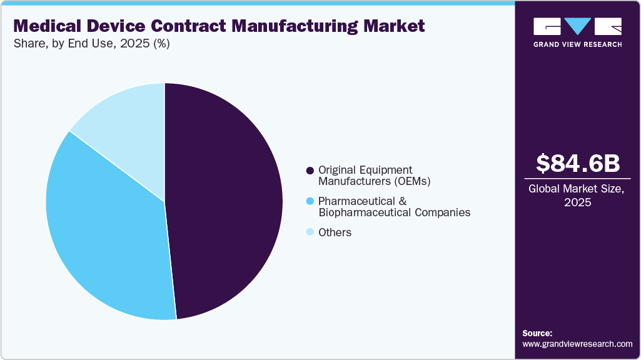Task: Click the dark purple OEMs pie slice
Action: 225,200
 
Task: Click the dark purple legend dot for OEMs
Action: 310,171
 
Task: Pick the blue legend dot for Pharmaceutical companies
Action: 310,201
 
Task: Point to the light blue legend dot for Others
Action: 310,232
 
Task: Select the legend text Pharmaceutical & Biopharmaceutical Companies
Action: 394,207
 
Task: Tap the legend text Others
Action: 335,232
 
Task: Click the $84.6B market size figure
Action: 578,163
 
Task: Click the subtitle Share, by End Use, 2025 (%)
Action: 91,44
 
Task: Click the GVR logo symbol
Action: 577,26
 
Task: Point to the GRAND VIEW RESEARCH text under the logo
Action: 577,44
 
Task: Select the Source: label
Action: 537,333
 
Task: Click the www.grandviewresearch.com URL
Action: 577,344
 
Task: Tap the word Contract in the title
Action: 194,26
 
